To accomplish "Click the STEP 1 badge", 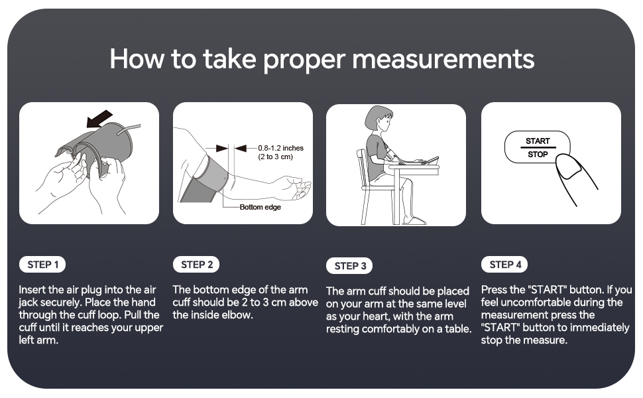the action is (x=42, y=265).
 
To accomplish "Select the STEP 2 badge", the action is (x=196, y=265).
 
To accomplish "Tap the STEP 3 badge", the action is (x=349, y=266).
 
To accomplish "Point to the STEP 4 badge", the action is (x=504, y=265).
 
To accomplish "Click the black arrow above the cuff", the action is (x=99, y=119).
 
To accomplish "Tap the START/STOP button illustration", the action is (x=537, y=147).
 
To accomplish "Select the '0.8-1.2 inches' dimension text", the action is (x=281, y=148).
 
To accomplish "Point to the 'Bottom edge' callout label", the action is (x=261, y=207).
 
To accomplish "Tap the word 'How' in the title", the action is (x=137, y=58).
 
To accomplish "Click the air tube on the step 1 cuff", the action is (x=129, y=129).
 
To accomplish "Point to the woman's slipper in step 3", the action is (x=414, y=221).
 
